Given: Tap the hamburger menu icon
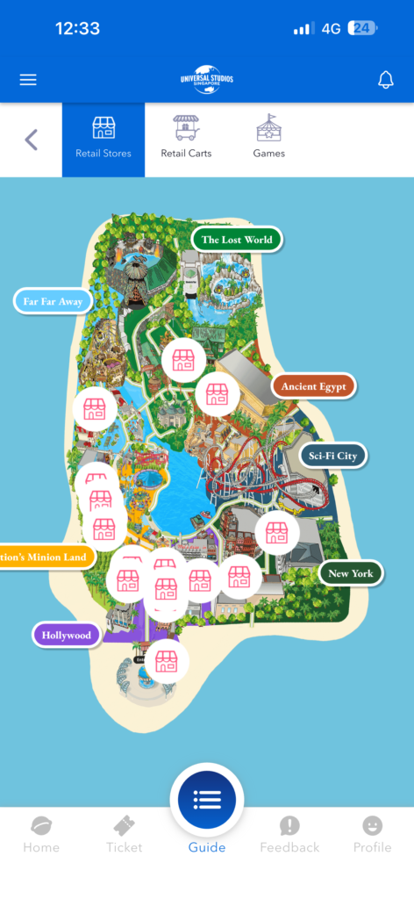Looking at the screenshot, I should click(x=28, y=80).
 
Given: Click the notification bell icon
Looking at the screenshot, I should click(x=385, y=80).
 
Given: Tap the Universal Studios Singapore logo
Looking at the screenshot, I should click(x=207, y=79).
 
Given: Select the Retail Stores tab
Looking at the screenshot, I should click(x=103, y=140).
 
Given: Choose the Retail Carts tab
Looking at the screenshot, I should click(x=186, y=140).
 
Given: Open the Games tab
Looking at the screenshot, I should click(x=268, y=140).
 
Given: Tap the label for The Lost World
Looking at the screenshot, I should click(x=237, y=240).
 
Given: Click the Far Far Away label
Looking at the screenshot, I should click(x=53, y=301).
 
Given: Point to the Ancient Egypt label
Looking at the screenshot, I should click(x=313, y=386).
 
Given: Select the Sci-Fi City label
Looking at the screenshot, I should click(x=332, y=457).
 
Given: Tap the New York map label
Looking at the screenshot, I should click(x=350, y=573).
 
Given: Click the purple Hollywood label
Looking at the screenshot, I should click(x=66, y=635).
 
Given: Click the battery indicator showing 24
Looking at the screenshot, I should click(x=361, y=28).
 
